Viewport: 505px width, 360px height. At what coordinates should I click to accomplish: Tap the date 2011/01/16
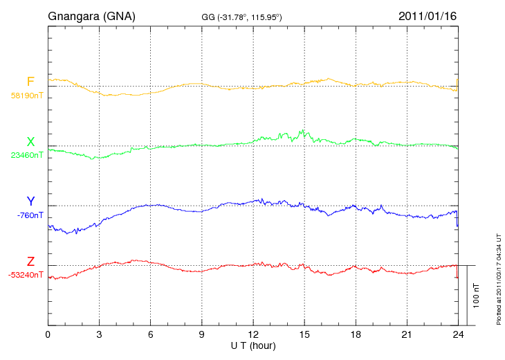click(428, 15)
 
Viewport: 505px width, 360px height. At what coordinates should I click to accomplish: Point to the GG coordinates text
click(241, 17)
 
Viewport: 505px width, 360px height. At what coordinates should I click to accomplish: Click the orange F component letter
click(30, 82)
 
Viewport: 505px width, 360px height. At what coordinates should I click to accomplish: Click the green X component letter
click(30, 143)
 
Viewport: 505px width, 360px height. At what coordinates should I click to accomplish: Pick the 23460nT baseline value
click(26, 156)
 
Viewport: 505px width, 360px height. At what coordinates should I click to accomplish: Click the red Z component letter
click(30, 262)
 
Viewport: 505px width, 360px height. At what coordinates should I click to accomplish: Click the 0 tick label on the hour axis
click(48, 335)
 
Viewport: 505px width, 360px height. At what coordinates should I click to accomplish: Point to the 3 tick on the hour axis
click(99, 335)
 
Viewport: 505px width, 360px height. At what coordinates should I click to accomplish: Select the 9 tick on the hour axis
click(201, 335)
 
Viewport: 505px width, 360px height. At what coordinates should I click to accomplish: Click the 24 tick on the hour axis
click(457, 335)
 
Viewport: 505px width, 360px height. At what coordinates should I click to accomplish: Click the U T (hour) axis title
click(253, 345)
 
